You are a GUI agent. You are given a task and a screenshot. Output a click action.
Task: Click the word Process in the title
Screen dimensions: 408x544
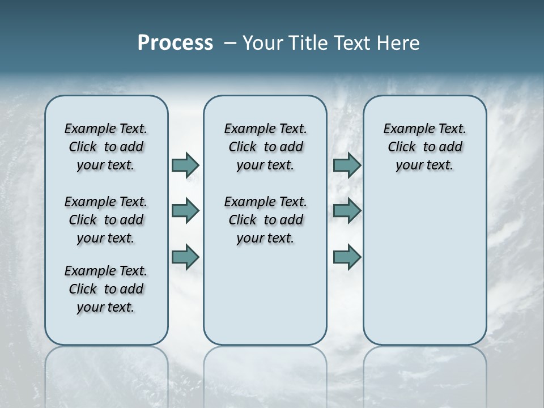[175, 42]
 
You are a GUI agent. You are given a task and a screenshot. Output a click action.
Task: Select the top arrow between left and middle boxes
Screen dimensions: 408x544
[185, 165]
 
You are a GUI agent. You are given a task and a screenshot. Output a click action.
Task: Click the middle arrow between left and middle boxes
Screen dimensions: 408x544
[185, 211]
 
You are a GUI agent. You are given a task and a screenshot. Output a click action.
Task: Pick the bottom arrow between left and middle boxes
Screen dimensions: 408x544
[185, 257]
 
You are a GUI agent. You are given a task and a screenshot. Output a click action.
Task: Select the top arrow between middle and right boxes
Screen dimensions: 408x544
[347, 165]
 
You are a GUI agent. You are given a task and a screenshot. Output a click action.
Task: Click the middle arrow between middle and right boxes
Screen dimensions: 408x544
[347, 211]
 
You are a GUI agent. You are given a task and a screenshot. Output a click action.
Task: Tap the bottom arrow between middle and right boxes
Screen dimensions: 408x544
[347, 257]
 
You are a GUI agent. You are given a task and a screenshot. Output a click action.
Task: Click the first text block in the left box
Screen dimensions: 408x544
[106, 147]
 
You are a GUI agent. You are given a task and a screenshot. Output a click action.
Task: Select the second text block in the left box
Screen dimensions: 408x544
[106, 220]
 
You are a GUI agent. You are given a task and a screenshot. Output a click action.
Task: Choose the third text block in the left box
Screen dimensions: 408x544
[106, 289]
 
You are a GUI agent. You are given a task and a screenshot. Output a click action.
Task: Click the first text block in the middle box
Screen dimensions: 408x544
[265, 147]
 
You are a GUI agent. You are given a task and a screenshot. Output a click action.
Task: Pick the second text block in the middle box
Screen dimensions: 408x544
[265, 220]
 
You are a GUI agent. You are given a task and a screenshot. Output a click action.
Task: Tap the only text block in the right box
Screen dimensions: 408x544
[424, 147]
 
